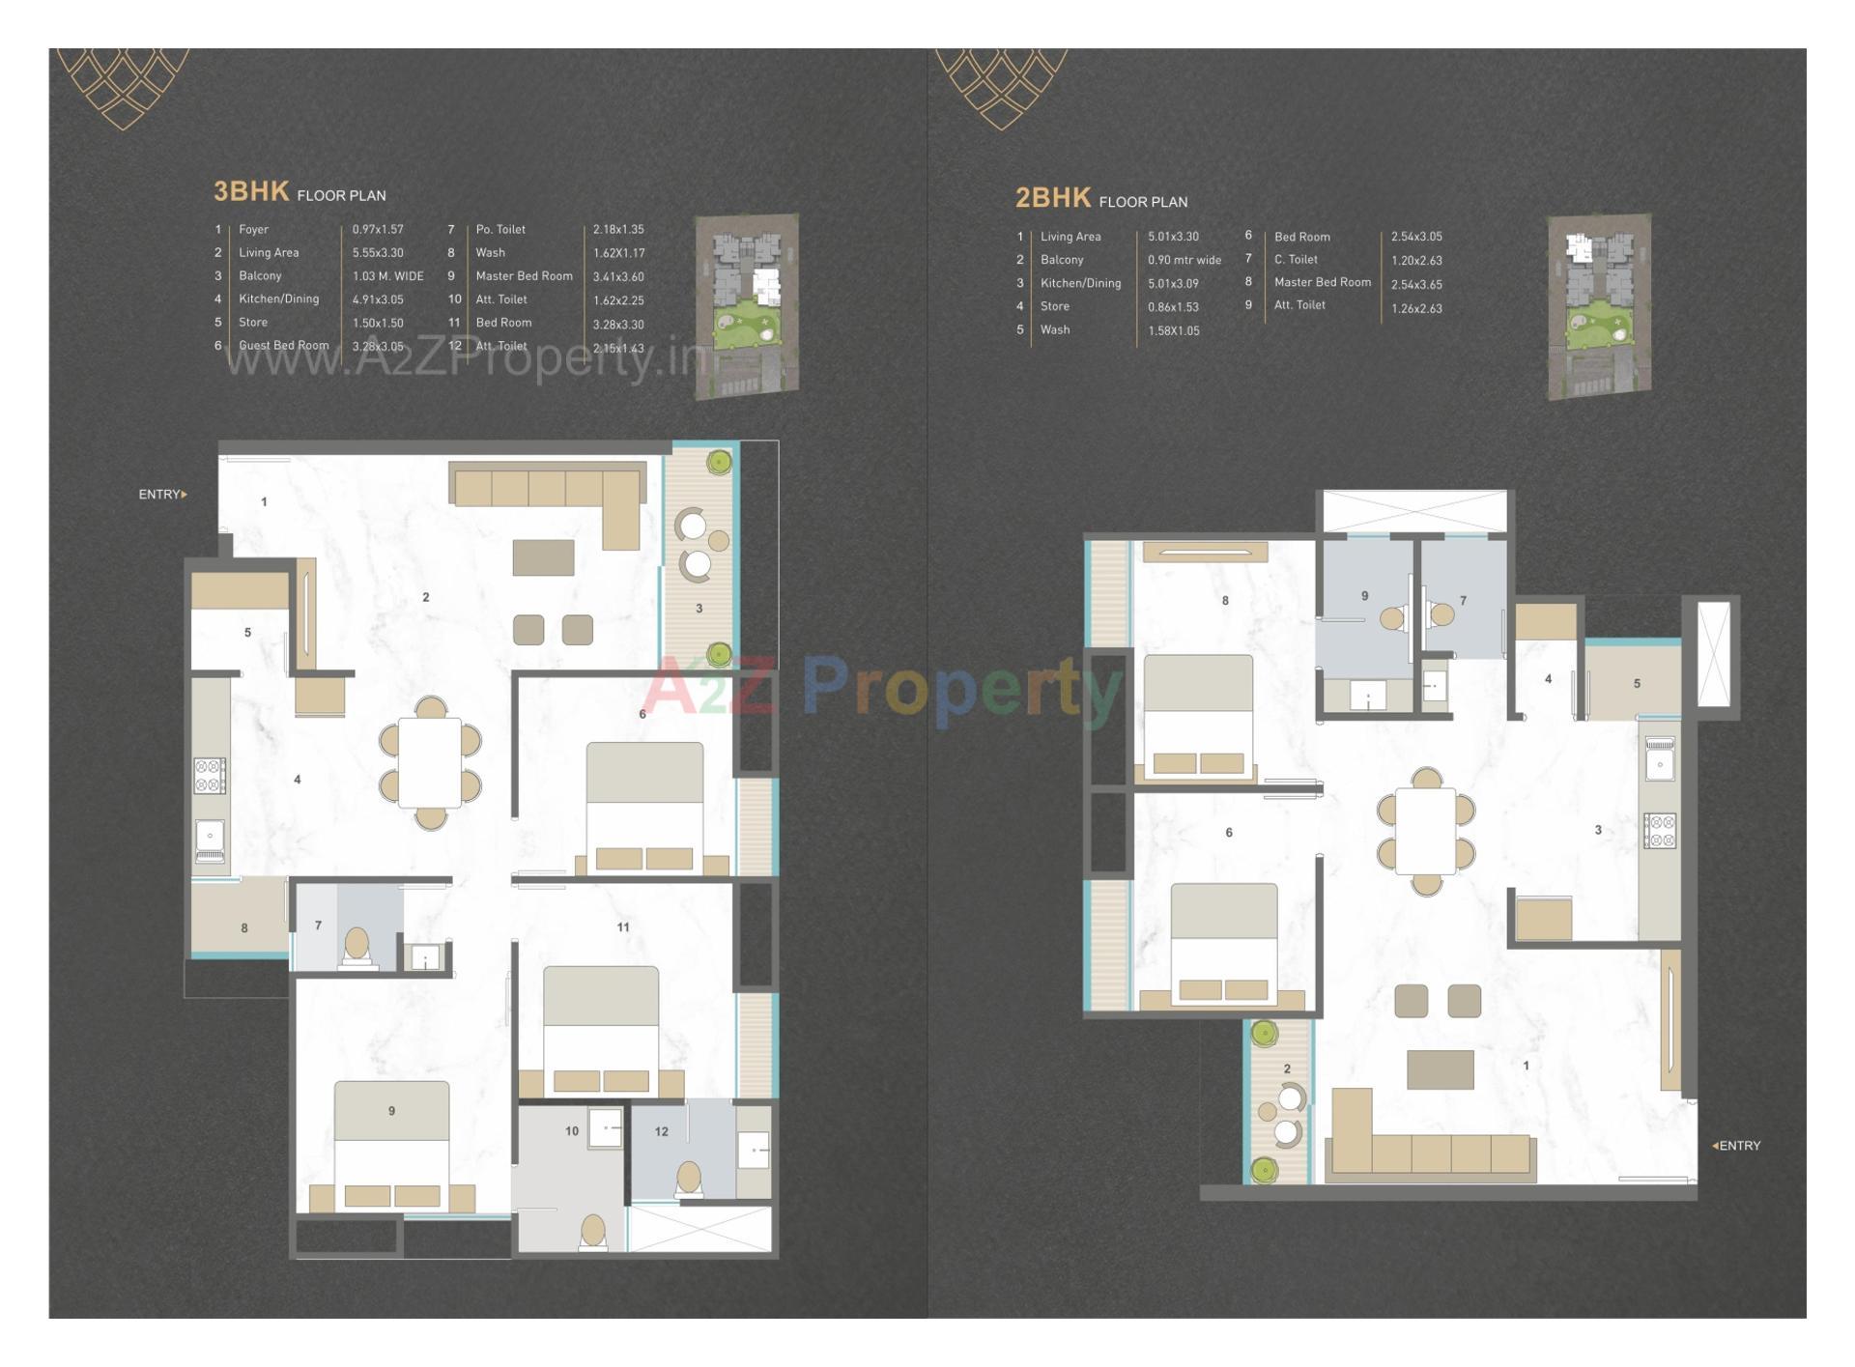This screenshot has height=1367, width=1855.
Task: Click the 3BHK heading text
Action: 251,191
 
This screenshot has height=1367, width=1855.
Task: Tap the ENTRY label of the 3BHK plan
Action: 161,495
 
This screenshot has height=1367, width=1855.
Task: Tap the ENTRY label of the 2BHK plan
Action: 1738,1146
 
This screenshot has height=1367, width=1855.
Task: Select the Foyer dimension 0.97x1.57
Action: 378,230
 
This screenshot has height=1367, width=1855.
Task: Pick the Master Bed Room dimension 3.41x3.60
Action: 618,277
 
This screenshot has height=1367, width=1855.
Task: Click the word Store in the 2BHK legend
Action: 1055,307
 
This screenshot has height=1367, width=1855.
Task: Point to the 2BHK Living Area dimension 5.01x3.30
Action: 1173,237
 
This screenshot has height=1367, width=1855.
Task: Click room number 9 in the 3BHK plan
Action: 391,1111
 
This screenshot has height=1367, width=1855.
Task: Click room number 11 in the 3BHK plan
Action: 623,927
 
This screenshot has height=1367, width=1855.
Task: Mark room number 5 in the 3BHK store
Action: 247,633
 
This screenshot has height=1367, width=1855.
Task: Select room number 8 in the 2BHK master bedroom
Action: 1225,601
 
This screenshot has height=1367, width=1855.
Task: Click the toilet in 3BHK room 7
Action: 357,945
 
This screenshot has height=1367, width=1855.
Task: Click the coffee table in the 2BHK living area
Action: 1440,1069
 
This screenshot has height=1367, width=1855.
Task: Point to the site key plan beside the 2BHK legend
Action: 1598,306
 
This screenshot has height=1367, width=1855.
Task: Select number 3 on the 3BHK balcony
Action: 699,609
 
